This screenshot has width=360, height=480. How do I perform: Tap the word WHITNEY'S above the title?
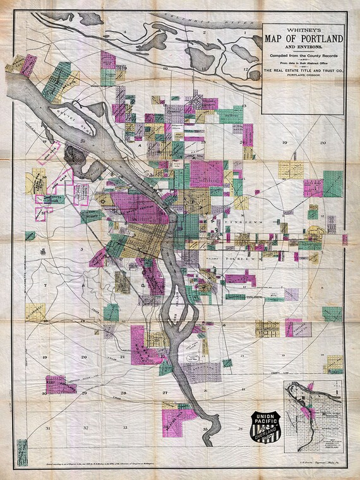point(303,28)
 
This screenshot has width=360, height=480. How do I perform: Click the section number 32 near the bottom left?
point(85,428)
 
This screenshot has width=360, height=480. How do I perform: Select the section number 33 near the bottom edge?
point(125,428)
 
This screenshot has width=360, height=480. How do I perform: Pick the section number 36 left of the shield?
point(241,428)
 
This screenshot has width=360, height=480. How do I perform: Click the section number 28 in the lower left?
point(124,393)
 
